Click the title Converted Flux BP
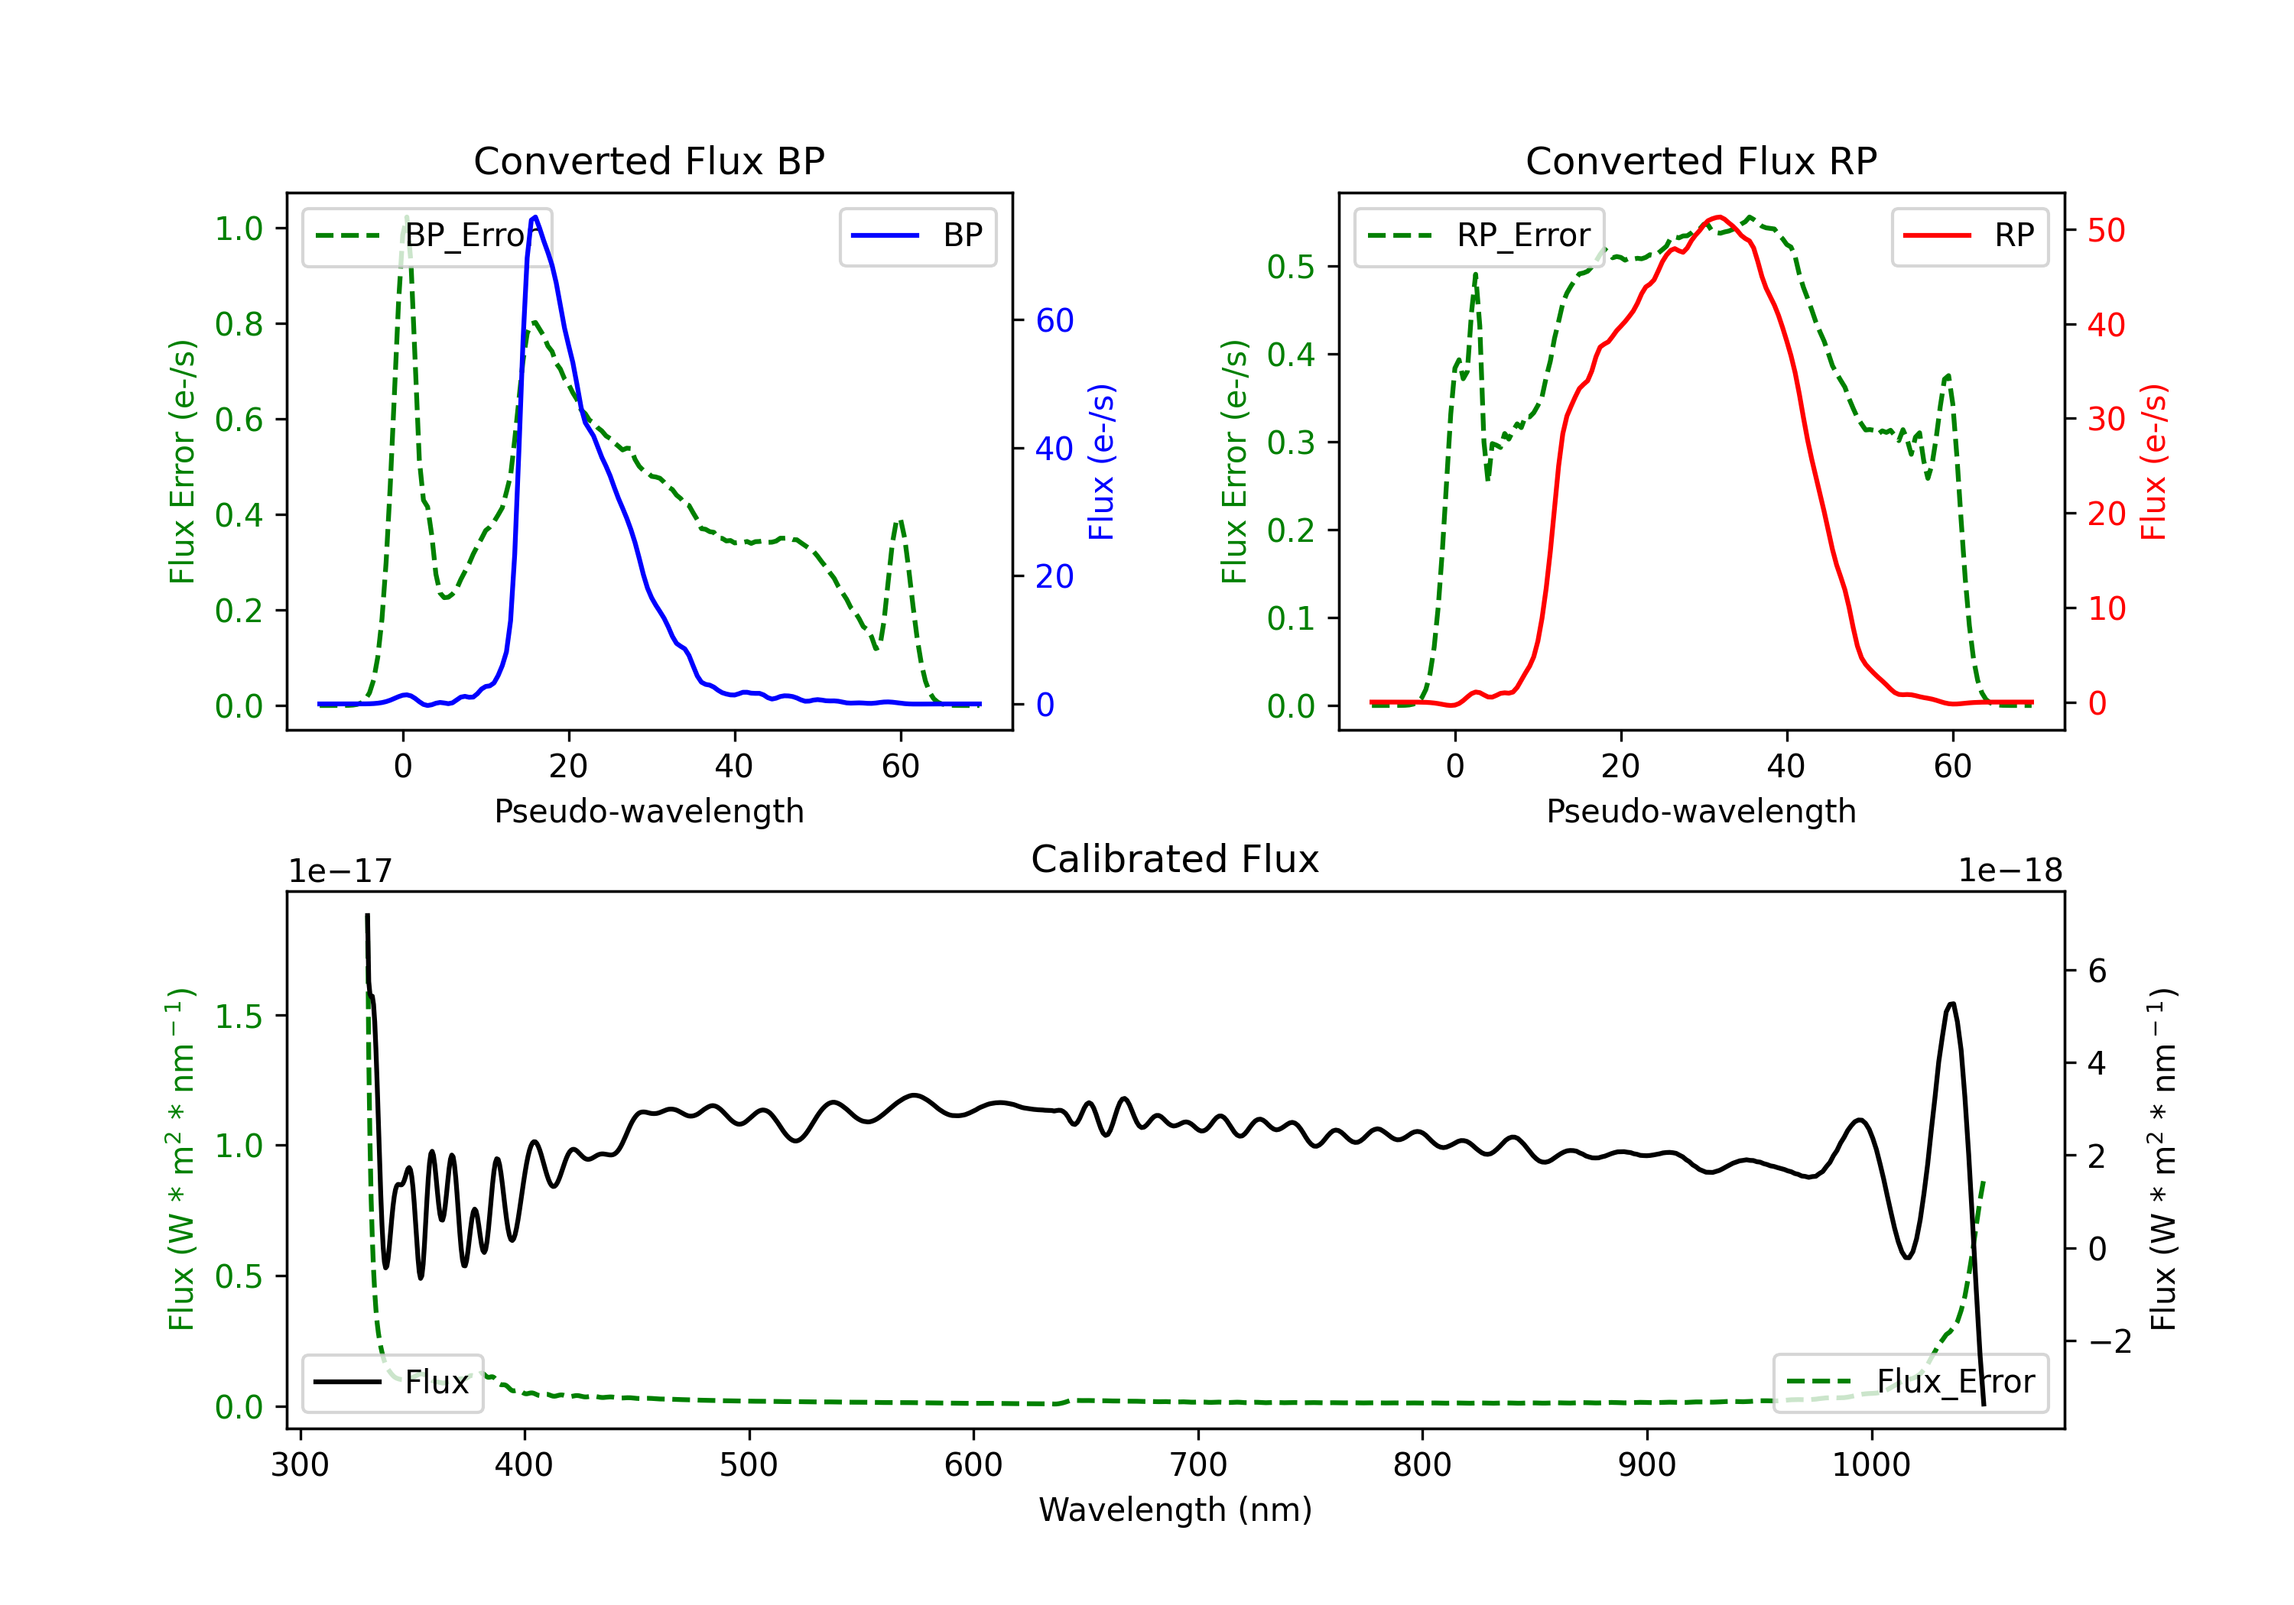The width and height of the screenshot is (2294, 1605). coord(648,160)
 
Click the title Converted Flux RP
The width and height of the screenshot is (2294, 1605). coord(1701,160)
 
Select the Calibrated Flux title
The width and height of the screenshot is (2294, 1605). coord(1175,859)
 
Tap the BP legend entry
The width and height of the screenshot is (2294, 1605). coord(917,235)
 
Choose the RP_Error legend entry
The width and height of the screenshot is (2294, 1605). coord(1479,235)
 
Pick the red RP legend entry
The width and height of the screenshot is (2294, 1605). coord(1969,235)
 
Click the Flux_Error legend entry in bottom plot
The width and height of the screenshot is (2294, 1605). coord(1910,1383)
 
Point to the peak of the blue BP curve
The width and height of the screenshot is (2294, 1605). coord(535,217)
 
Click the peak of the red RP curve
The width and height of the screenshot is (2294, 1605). coord(1717,217)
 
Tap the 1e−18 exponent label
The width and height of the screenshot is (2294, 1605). coord(2010,871)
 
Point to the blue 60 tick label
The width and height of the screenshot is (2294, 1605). coord(1055,320)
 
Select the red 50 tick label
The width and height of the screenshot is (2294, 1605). coord(2106,231)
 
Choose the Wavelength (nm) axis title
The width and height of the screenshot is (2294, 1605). coord(1175,1510)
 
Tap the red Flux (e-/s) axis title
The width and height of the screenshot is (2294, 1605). coord(2153,462)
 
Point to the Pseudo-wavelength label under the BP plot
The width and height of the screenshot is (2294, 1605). coord(648,811)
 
